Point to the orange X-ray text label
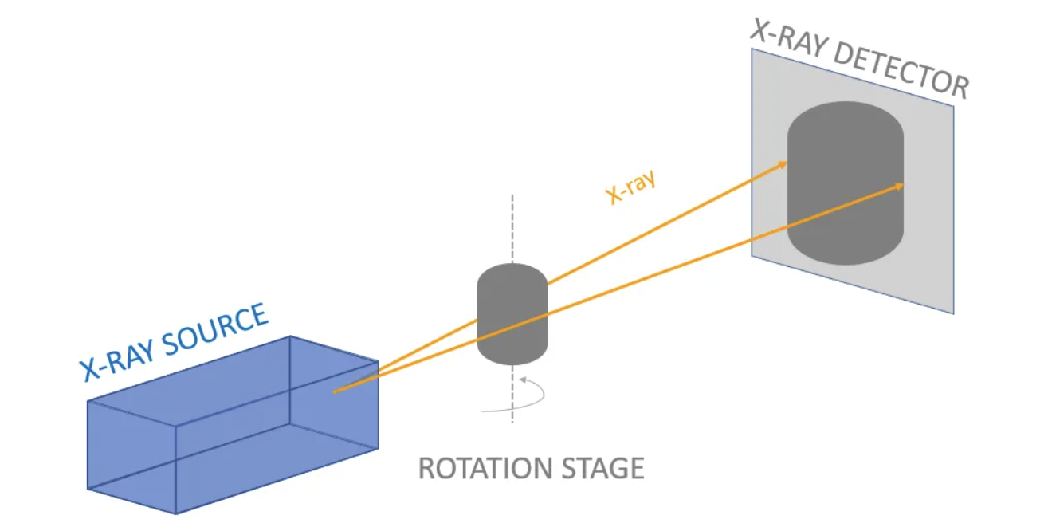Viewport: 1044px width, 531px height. pyautogui.click(x=631, y=188)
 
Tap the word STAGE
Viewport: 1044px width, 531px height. pyautogui.click(x=602, y=468)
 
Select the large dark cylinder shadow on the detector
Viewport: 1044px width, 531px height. pyautogui.click(x=846, y=183)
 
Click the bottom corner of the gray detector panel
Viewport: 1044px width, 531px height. pyautogui.click(x=953, y=313)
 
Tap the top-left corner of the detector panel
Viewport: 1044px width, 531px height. pyautogui.click(x=752, y=49)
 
